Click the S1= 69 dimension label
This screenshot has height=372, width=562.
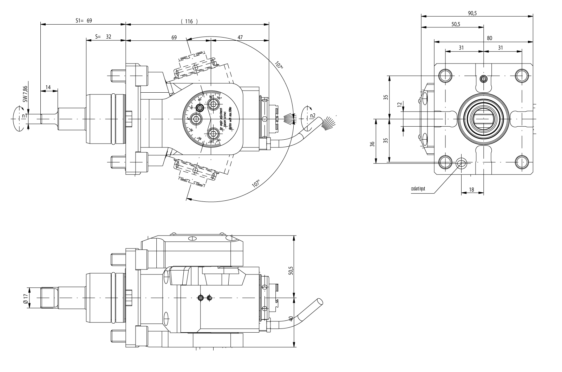click(x=84, y=21)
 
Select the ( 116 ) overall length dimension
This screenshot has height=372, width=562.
click(x=189, y=21)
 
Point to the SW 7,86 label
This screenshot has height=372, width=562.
click(x=25, y=94)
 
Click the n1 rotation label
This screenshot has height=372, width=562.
click(x=24, y=116)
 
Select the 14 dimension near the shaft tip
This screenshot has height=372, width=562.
click(x=48, y=87)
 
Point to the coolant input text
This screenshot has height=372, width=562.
click(x=418, y=189)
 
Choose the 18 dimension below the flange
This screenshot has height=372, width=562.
click(x=471, y=190)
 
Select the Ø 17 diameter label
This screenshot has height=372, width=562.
click(x=25, y=298)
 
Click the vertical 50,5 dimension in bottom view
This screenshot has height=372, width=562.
click(x=290, y=271)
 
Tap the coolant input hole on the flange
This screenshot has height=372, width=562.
click(x=461, y=162)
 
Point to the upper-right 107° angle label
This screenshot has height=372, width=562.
click(x=279, y=66)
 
